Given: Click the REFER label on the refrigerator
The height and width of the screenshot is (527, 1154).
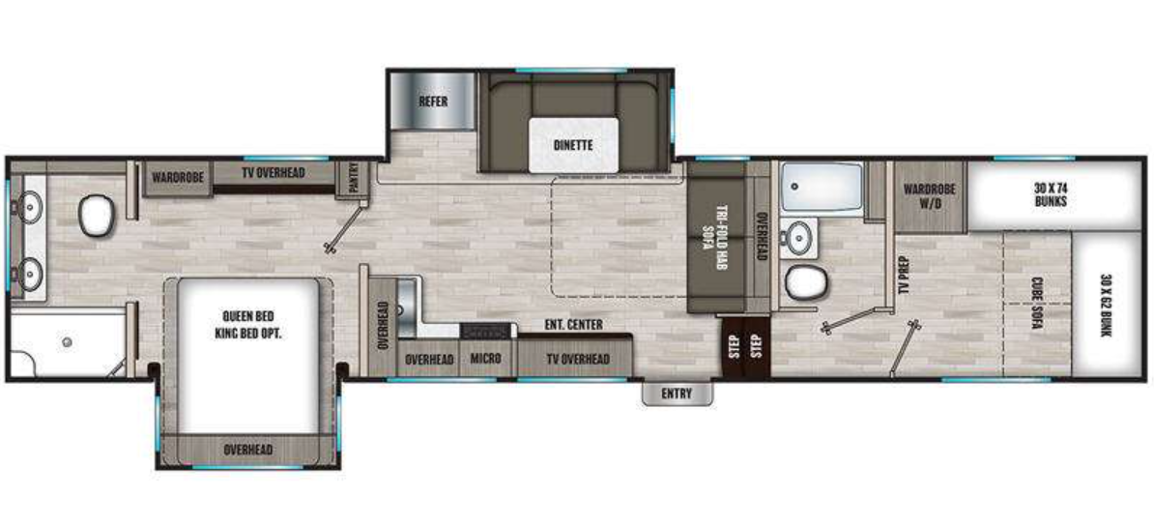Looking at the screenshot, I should pos(432,101).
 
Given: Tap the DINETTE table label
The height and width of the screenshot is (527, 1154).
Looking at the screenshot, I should pos(573,145).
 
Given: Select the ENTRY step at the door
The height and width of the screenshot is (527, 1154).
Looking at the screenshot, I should pos(678,394).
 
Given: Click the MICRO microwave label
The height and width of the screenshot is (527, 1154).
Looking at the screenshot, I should pos(485,359).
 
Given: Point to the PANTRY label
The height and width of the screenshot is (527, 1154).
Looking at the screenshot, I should pos(347,180).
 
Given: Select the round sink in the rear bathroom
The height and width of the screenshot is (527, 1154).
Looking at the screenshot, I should pos(799,235).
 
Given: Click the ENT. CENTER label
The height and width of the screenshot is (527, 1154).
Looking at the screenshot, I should pos(574,325).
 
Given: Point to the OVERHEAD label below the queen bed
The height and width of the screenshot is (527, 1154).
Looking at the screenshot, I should pos(248,450).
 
